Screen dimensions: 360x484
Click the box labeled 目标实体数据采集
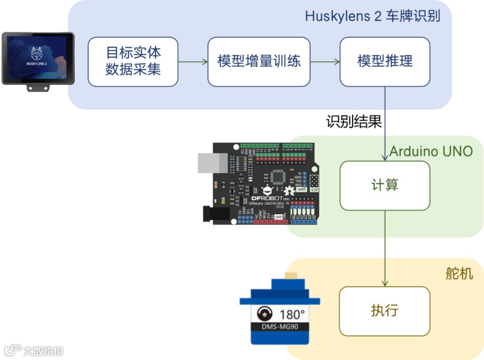[x=133, y=62]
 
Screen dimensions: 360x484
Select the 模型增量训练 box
[x=259, y=62]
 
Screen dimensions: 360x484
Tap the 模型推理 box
[x=385, y=62]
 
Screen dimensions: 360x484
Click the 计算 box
[x=385, y=185]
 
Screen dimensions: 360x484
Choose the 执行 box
[x=385, y=311]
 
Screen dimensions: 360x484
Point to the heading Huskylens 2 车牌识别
[x=372, y=16]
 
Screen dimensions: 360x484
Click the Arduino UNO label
[x=431, y=151]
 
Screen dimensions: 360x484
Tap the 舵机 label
[x=459, y=273]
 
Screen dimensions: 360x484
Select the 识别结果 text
[x=354, y=121]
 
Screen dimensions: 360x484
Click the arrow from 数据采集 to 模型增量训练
[x=193, y=62]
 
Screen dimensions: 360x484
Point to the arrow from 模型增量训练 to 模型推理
[x=325, y=62]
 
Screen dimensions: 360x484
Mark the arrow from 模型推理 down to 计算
[x=385, y=123]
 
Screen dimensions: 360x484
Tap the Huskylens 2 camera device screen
[x=38, y=58]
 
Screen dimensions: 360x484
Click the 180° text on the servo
[x=292, y=314]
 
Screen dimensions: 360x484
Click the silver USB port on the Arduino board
[x=212, y=163]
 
